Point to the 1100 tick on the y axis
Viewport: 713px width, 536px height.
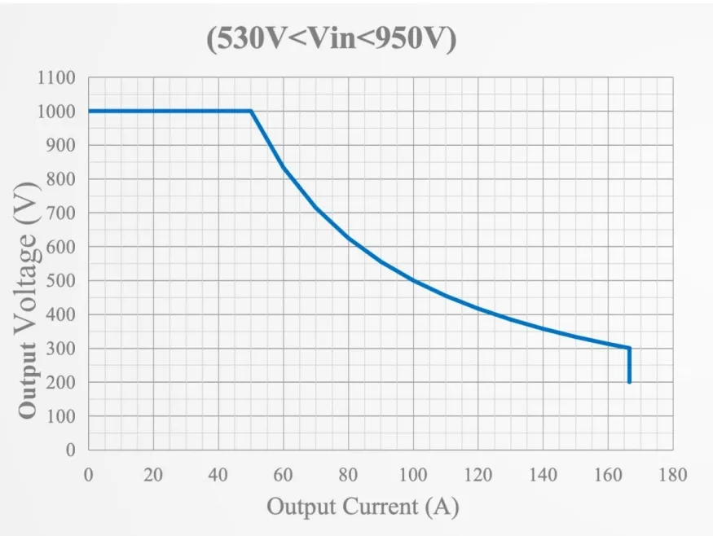[56, 78]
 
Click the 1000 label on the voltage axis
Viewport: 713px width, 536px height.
[56, 112]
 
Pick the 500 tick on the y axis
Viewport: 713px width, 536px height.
[61, 281]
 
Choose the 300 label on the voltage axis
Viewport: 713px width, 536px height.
[61, 349]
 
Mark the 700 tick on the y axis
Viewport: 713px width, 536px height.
[61, 213]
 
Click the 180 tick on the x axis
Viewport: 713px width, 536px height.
[672, 475]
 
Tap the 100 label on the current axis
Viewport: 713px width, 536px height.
[412, 475]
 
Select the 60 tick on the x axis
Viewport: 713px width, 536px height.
[283, 475]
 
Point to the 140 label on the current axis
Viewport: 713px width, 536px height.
[543, 475]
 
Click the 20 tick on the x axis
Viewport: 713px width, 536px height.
[153, 475]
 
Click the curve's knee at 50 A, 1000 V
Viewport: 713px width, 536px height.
[251, 111]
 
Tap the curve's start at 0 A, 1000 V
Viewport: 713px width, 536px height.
[89, 111]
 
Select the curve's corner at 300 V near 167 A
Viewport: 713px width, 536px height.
[629, 348]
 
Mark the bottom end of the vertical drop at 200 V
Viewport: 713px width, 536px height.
[629, 382]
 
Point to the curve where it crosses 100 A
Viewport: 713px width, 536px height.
[413, 280]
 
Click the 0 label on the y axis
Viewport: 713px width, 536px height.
[71, 450]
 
